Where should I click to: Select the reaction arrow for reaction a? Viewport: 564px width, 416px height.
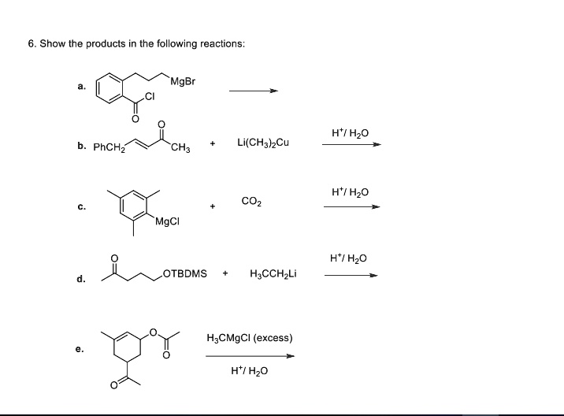[253, 91]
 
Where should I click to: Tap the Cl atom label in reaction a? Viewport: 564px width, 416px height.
[150, 98]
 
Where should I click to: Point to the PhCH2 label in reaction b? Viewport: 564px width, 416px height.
[107, 147]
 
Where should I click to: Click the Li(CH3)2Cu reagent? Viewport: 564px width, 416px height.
[262, 143]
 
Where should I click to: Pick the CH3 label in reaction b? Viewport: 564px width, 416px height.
[180, 147]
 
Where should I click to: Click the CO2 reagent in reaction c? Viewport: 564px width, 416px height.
[251, 202]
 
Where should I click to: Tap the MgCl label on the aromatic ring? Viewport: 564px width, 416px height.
[168, 221]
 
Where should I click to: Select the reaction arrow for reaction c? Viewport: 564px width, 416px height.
[351, 207]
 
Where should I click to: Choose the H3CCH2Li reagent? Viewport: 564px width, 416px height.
[272, 274]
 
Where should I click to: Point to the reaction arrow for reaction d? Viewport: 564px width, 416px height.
[351, 275]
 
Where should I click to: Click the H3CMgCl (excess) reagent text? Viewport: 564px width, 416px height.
[249, 338]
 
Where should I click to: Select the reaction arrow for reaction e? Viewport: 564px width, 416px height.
[250, 356]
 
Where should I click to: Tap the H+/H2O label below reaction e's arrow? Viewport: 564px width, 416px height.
[250, 370]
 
